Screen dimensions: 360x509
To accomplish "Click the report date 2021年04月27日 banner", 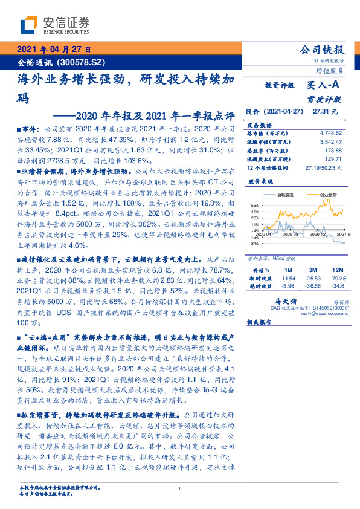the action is (x=53, y=50).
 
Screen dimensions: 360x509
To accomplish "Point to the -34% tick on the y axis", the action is (x=254, y=244).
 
